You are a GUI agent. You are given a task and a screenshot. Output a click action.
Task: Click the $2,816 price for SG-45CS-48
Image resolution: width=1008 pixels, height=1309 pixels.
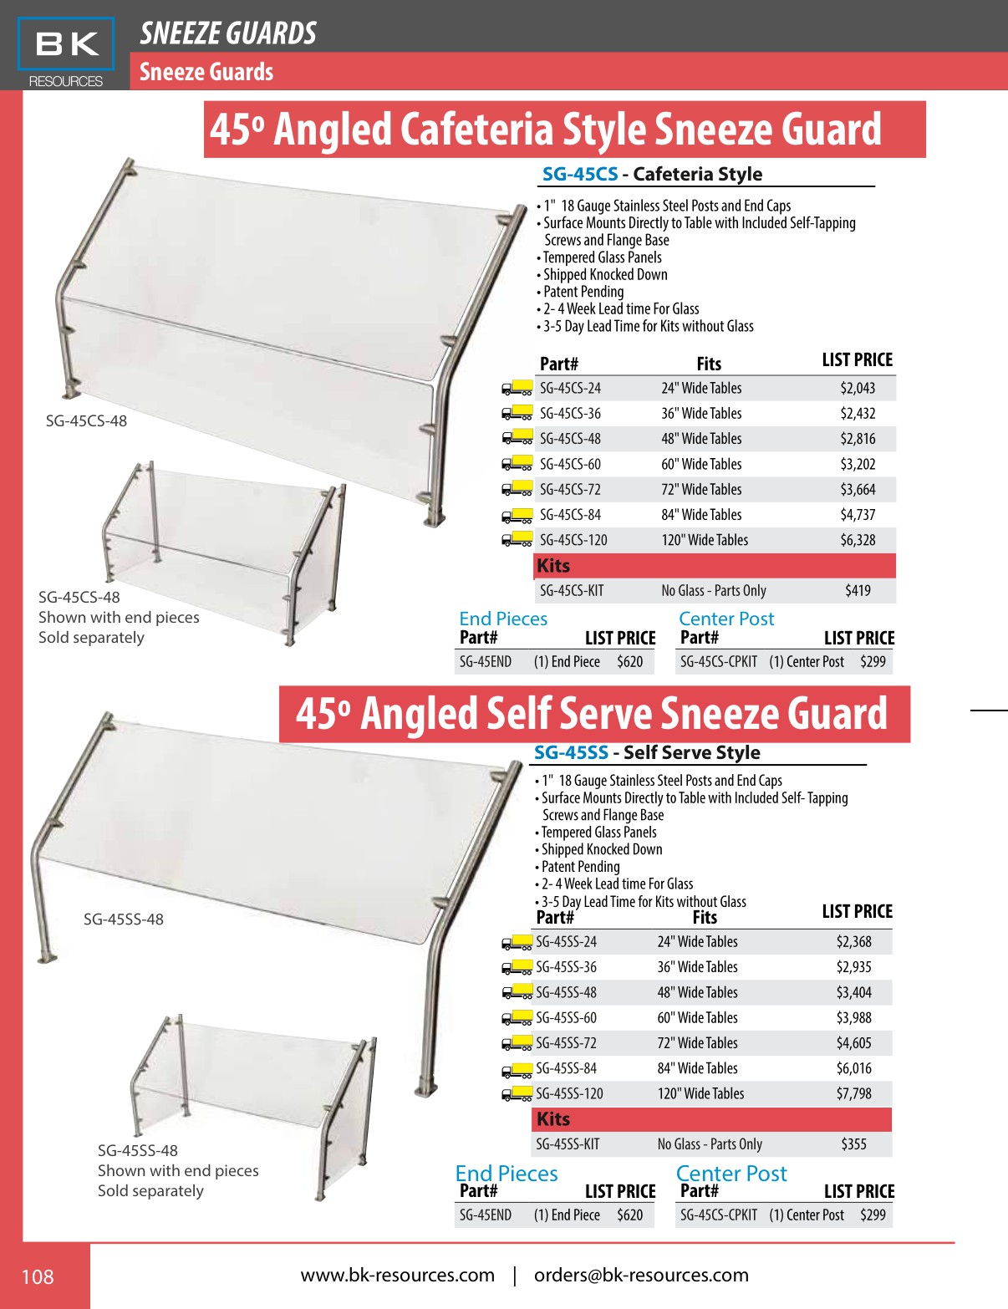[x=858, y=439]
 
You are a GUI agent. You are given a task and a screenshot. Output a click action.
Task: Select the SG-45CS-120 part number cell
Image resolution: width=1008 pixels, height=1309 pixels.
[x=573, y=540]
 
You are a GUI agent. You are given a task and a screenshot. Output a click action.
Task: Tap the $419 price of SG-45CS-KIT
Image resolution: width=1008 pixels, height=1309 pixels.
[x=858, y=591]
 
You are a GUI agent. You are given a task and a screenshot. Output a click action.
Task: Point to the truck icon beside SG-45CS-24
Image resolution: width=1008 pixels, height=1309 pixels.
[x=517, y=388]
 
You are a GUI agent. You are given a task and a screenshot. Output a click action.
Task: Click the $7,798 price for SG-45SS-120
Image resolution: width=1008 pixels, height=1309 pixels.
[x=853, y=1093]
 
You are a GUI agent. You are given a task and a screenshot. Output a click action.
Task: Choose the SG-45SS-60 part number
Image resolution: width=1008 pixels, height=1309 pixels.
[x=566, y=1018]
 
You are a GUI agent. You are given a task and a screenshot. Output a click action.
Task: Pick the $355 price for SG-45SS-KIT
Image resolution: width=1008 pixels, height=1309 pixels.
[x=853, y=1144]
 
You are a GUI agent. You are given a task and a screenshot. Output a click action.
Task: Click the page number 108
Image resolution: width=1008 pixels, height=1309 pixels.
[x=38, y=1276]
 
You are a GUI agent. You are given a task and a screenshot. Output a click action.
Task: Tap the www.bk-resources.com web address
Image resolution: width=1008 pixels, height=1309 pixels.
[x=397, y=1275]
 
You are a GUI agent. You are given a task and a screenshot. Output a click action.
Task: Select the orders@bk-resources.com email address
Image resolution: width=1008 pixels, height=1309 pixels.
[x=641, y=1275]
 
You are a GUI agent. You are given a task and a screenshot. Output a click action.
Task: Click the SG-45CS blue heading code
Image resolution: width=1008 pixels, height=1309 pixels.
[x=580, y=174]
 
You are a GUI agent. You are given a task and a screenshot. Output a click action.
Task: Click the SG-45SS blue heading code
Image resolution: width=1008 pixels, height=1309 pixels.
[x=571, y=752]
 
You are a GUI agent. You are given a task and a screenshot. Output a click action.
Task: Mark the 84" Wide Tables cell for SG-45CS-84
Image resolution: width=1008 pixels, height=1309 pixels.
[x=701, y=515]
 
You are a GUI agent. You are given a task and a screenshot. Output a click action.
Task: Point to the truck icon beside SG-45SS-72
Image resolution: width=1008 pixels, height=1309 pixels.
[x=517, y=1043]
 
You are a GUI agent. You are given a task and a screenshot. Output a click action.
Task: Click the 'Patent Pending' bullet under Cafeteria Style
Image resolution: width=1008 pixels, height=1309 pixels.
[x=583, y=292]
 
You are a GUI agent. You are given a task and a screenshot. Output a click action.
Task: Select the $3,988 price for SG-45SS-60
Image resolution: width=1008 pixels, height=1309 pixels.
[x=853, y=1018]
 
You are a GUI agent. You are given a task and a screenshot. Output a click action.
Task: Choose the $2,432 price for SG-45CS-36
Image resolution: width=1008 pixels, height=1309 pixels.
[x=858, y=414]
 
